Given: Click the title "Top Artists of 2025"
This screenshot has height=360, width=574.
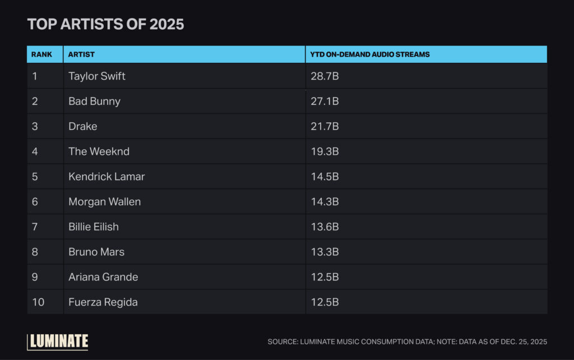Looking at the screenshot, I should tap(105, 25).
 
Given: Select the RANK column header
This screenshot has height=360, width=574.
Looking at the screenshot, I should tap(41, 54).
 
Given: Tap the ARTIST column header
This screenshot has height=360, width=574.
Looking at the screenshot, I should tap(81, 54).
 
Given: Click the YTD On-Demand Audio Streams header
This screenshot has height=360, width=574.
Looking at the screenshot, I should tap(370, 54).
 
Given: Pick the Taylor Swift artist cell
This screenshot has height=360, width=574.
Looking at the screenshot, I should tap(97, 76).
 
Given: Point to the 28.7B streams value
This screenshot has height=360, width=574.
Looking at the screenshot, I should tap(325, 76).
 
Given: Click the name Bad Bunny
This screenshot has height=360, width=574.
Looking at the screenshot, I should tap(94, 101).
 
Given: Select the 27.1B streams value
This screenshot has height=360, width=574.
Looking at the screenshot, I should tap(325, 101).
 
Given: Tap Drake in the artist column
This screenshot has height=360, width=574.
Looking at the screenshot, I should tap(82, 126).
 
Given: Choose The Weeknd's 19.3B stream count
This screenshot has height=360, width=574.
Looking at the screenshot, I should tap(325, 151).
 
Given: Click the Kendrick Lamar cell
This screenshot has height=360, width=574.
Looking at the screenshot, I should tap(107, 176).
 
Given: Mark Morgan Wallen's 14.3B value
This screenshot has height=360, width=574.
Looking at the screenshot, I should tap(325, 201).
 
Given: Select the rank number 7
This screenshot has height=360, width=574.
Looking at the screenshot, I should tap(35, 227).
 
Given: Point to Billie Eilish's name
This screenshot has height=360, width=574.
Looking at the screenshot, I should tap(94, 227).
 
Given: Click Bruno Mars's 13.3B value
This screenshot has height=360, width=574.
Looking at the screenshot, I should tap(325, 252).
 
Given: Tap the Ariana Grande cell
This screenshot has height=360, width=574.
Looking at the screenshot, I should tap(103, 277).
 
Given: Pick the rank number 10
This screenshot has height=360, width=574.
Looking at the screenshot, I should tap(38, 302).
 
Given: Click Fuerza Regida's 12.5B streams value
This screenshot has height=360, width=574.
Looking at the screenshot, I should tap(325, 302).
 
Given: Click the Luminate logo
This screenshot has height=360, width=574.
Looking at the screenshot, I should tap(58, 341).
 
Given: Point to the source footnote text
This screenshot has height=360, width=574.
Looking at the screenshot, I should tap(407, 341).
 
